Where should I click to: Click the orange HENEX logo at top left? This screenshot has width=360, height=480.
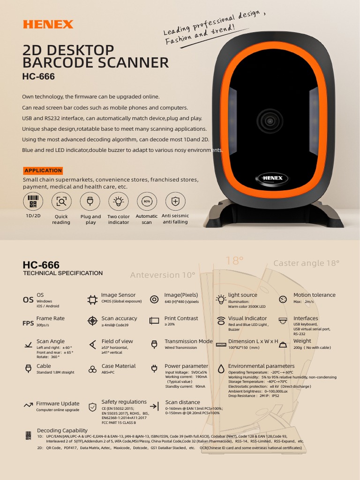pos(48,24)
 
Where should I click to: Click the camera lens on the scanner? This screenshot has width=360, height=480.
pos(270,121)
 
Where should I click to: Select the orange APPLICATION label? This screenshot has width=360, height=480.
pos(43,171)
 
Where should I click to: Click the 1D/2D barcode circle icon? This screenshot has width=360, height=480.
pos(33,202)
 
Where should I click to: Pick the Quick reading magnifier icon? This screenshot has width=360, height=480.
pos(61,202)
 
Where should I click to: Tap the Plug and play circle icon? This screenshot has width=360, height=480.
pos(90,202)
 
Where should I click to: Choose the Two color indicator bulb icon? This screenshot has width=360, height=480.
pos(119,202)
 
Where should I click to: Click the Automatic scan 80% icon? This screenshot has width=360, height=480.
pos(147,202)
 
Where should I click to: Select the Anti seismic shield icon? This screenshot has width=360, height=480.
pos(175,202)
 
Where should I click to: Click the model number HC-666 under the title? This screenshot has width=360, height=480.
pos(38,76)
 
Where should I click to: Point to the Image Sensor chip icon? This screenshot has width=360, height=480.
pos(92,300)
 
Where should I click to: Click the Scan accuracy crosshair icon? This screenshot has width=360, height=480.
pos(92,321)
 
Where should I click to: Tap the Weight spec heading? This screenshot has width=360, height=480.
pos(302,341)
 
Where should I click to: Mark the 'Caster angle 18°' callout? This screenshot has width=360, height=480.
pos(306,263)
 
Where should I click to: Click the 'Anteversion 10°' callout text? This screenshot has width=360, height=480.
pos(162,275)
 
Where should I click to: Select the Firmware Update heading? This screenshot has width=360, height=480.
pos(58,404)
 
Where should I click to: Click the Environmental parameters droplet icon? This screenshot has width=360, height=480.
pos(220,368)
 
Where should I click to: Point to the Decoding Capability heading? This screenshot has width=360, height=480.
pos(62,430)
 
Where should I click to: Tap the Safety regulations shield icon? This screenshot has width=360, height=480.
pos(92,406)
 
